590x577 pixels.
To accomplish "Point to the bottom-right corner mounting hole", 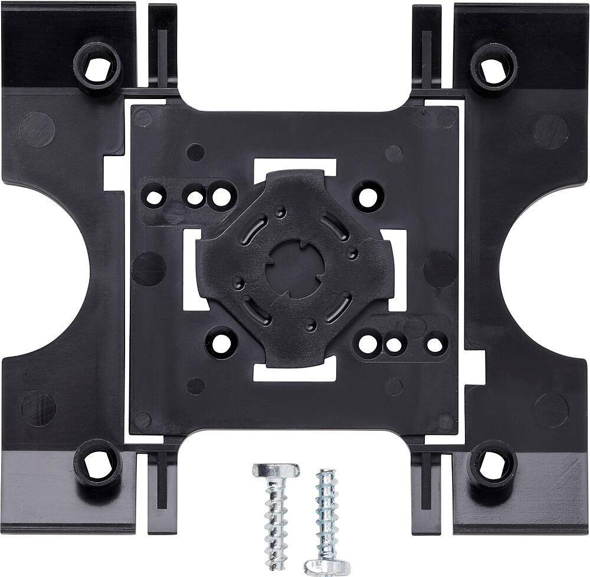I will click(x=493, y=467).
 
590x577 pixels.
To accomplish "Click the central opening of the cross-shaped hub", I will click(x=295, y=269).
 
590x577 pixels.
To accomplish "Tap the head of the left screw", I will click(x=276, y=471).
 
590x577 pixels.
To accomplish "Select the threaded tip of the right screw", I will click(x=324, y=475).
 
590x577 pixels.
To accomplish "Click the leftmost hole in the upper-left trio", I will click(x=155, y=196).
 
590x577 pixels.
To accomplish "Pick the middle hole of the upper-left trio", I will click(x=195, y=197).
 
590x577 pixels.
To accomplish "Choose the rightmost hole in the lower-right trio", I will click(x=435, y=343).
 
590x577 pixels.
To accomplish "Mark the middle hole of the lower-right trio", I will click(x=394, y=343).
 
